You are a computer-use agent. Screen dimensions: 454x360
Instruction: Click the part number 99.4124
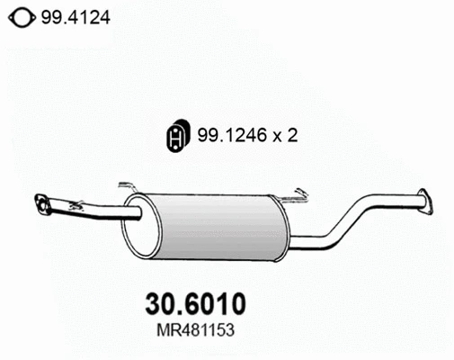point(76,18)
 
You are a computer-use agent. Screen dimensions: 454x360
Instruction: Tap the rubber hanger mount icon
point(178,136)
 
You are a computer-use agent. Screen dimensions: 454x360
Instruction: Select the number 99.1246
point(232,135)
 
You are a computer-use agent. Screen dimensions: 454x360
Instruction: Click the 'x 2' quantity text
point(285,135)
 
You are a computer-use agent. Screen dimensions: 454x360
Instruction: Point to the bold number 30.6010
point(195,304)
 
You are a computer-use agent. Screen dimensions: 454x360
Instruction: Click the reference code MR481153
point(195,330)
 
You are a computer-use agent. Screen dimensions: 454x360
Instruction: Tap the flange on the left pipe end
point(42,204)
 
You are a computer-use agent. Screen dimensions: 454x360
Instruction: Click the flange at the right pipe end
point(425,201)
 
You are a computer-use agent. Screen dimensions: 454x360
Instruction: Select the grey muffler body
point(218,228)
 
